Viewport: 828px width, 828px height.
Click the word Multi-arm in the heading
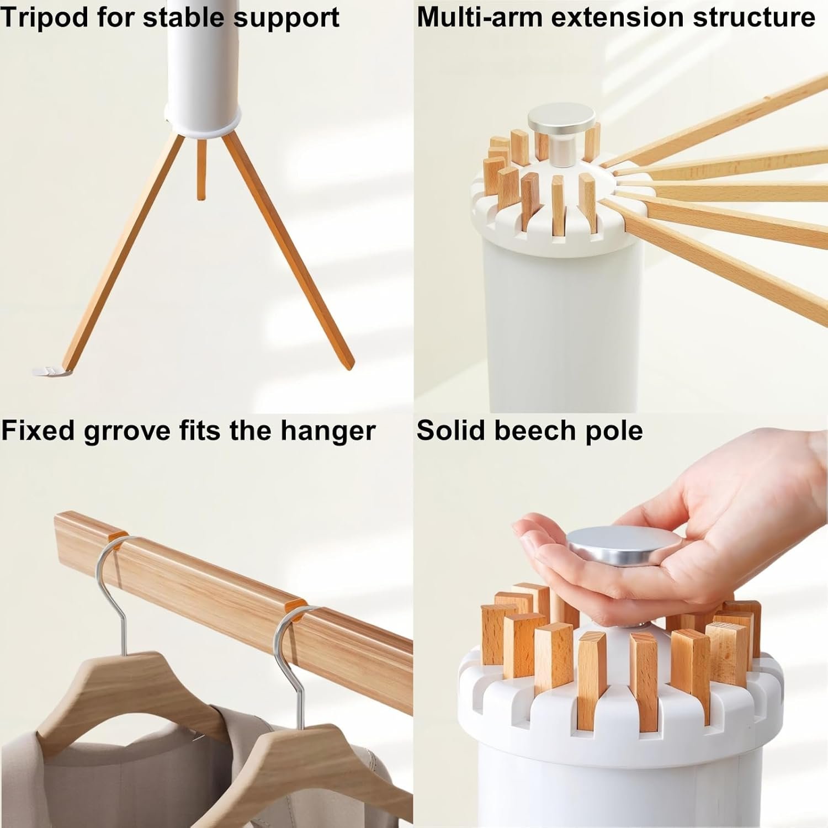click(x=480, y=17)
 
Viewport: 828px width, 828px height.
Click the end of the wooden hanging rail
click(x=61, y=524)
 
